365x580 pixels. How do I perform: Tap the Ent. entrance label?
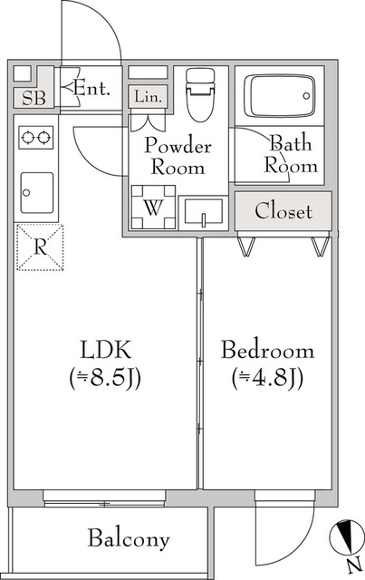click(91, 89)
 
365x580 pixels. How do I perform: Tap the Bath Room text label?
click(290, 153)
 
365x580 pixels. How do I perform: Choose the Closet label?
click(283, 212)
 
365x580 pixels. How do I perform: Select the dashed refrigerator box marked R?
click(38, 246)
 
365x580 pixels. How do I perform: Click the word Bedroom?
click(267, 350)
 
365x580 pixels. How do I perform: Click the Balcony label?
click(129, 539)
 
